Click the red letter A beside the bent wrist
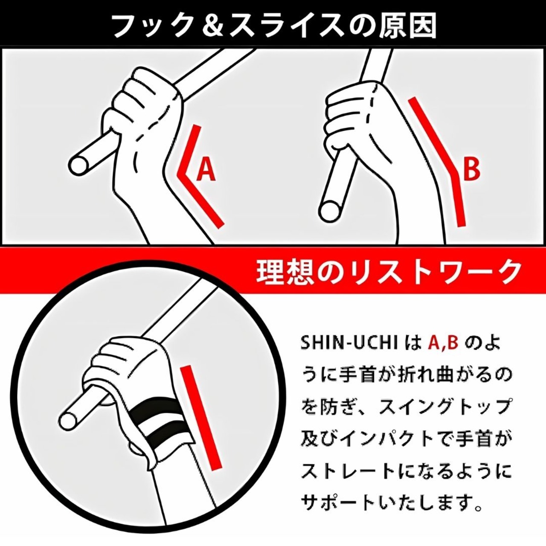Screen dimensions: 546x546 tap(206, 169)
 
